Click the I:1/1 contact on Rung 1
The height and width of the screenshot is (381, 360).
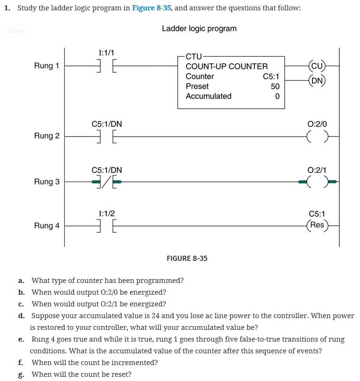click(x=107, y=66)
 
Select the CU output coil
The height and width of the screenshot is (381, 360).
click(x=317, y=66)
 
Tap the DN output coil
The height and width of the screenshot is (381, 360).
click(x=317, y=80)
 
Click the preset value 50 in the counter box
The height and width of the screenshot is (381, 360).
click(x=275, y=86)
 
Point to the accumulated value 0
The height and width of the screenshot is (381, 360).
click(x=277, y=96)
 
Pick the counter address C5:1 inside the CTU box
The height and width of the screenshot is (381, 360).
click(x=271, y=76)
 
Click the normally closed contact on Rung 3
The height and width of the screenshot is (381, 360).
click(x=107, y=182)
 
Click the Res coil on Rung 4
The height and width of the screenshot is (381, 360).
click(x=317, y=225)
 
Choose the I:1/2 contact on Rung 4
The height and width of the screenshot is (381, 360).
click(x=107, y=226)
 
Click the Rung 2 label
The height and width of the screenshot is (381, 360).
click(x=46, y=136)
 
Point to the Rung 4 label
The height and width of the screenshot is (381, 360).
click(x=46, y=226)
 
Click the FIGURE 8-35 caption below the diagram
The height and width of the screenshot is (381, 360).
click(x=187, y=259)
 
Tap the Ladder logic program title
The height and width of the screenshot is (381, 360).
click(x=199, y=29)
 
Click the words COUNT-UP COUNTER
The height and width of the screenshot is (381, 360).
click(x=227, y=67)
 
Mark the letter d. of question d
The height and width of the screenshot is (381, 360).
click(x=21, y=316)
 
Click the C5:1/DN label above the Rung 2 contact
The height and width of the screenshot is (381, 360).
click(x=107, y=124)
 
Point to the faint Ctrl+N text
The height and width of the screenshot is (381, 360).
click(x=13, y=31)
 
